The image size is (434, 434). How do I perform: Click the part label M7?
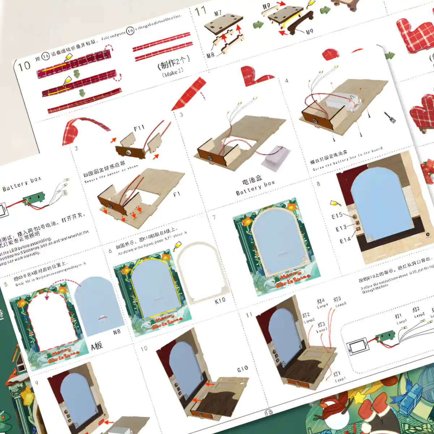click(217, 13)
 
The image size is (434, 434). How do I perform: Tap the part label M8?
click(210, 55)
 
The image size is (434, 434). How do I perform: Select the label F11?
click(139, 128)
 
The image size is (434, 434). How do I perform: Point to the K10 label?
click(220, 300)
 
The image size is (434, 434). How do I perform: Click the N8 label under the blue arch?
click(116, 331)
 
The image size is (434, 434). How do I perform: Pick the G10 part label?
click(242, 369)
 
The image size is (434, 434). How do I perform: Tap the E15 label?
click(337, 216)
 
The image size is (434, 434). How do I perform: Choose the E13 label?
click(341, 228)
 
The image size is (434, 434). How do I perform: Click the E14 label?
click(345, 240)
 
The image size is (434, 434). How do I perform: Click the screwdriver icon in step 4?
click(390, 117)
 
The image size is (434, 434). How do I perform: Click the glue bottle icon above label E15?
click(333, 203)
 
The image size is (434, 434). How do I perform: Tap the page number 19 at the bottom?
click(269, 413)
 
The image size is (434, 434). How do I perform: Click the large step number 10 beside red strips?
click(24, 66)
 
